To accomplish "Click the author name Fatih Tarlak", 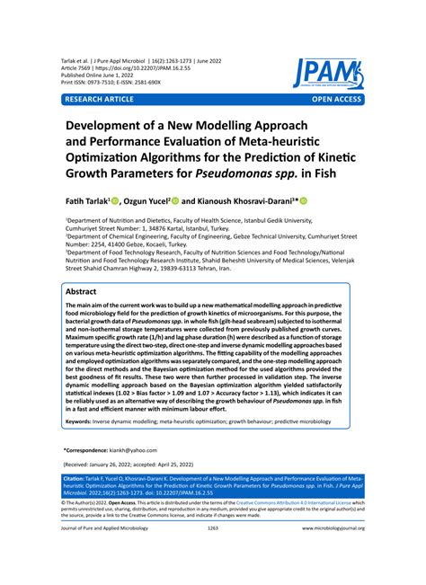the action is click(x=86, y=202).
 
